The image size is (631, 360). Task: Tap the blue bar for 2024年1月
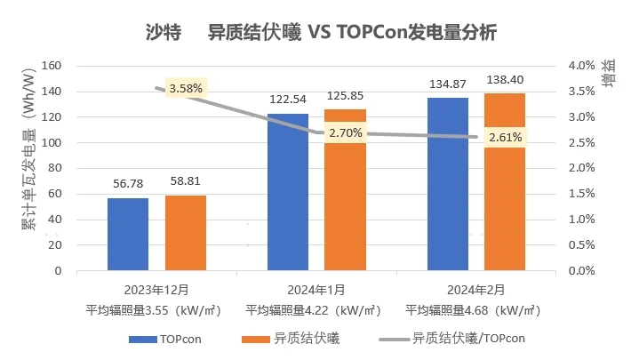point(288,192)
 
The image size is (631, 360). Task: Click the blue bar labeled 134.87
point(447,184)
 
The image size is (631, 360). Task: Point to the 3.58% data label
point(186,88)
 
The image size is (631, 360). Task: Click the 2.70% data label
point(345,133)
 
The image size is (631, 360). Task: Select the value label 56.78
point(128,185)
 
